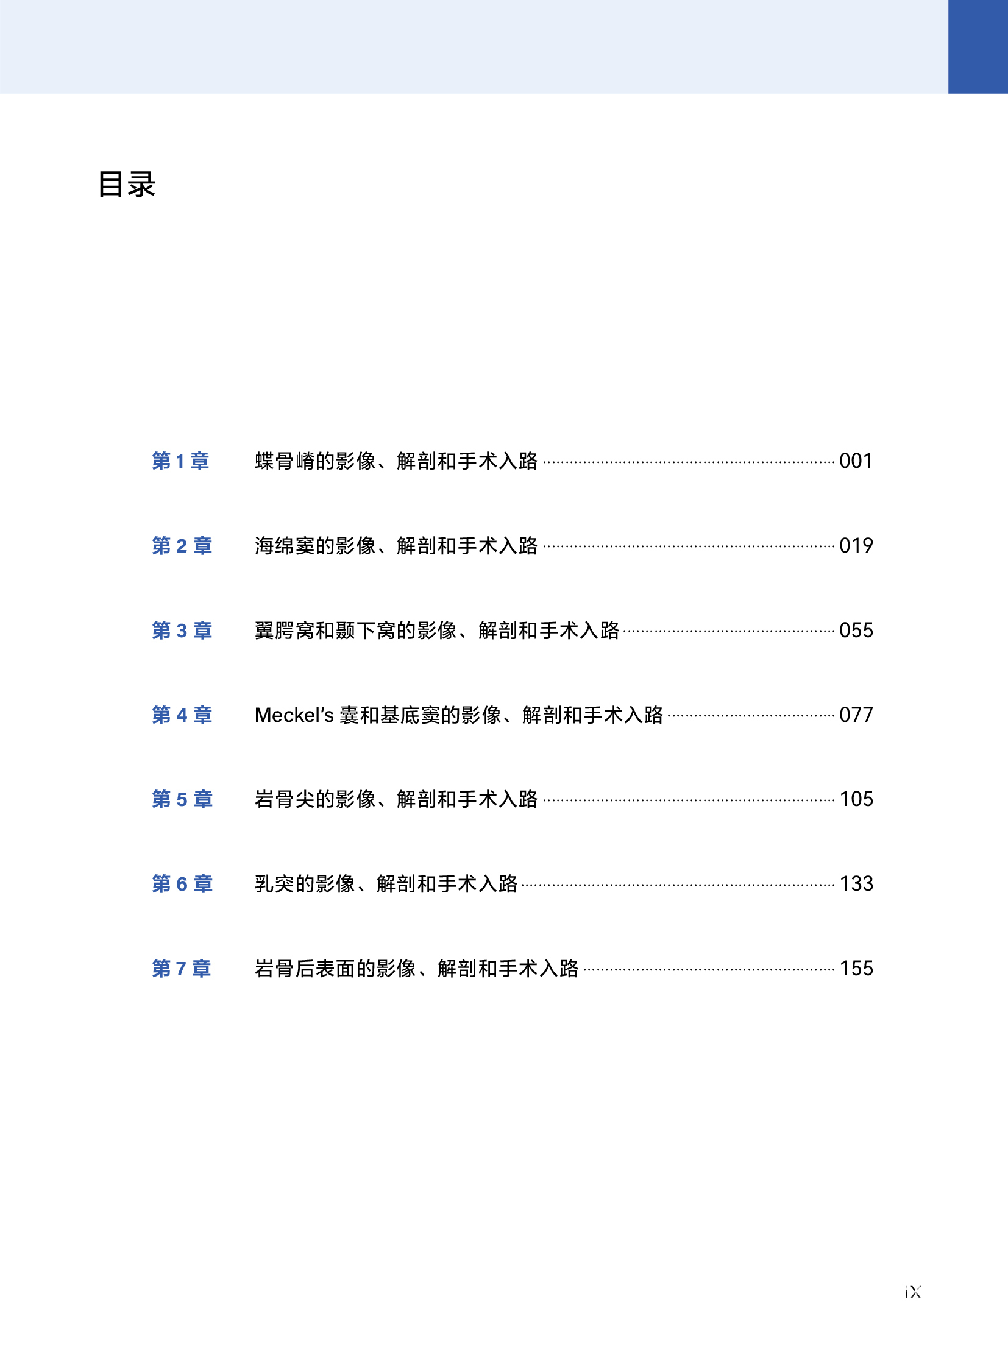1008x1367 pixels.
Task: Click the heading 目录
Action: (x=127, y=184)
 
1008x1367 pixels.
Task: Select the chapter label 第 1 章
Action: (x=180, y=461)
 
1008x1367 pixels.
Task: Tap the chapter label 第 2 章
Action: (x=182, y=545)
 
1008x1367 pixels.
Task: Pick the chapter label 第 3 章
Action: (x=182, y=630)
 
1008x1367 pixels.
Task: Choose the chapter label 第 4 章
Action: (x=182, y=715)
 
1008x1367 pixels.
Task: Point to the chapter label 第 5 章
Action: (x=182, y=799)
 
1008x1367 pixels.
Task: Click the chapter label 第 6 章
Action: (x=182, y=884)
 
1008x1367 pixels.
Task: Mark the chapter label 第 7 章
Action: (x=181, y=969)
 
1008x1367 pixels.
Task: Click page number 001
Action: (x=856, y=461)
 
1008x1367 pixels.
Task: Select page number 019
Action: (x=856, y=545)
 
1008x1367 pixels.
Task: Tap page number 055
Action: (x=856, y=630)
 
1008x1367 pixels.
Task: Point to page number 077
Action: (x=856, y=715)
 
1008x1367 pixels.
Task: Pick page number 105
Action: (x=856, y=799)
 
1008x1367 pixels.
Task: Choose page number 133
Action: (x=856, y=884)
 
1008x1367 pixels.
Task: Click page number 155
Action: (x=856, y=969)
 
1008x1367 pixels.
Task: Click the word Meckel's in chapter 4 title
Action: (x=294, y=715)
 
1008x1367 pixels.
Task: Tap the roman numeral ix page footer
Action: (x=913, y=1292)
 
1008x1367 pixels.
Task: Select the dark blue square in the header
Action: (x=978, y=46)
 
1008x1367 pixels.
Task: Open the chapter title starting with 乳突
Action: (x=386, y=884)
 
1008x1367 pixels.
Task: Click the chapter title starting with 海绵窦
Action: (x=396, y=545)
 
